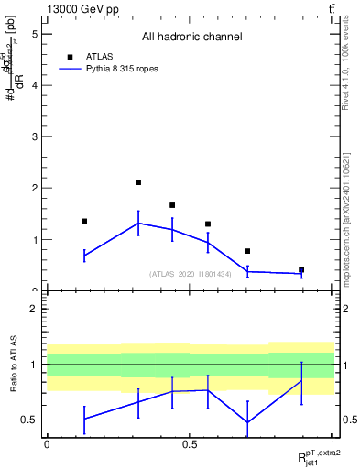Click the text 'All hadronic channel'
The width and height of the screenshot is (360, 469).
(191, 38)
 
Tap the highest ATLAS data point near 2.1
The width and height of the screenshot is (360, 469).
(138, 182)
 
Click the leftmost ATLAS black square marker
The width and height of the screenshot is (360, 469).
(84, 221)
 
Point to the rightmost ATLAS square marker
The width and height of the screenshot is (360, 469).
(301, 270)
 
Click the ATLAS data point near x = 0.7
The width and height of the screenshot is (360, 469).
(247, 251)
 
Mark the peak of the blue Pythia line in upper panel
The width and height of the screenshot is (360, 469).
(138, 223)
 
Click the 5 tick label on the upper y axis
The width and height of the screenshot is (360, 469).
(34, 34)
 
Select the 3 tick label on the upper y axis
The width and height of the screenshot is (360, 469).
(34, 137)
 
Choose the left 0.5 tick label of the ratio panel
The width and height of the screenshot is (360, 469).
(30, 420)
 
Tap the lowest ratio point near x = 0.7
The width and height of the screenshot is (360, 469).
(247, 422)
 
